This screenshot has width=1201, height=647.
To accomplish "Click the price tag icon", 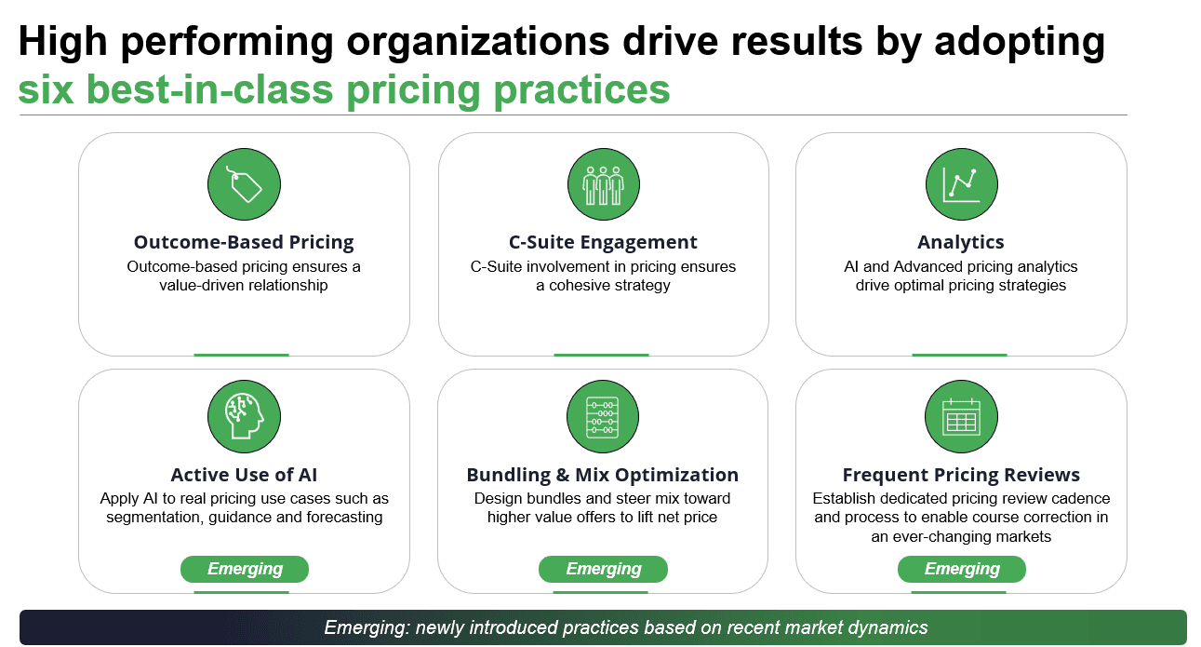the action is tap(244, 184).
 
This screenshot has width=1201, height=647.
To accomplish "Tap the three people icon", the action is tap(603, 184).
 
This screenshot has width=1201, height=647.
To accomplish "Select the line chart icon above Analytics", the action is tap(961, 184).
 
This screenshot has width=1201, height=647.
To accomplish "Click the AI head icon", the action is tap(244, 416).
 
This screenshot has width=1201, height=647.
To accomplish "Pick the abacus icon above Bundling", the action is tap(603, 416).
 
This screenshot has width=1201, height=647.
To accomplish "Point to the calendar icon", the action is tap(961, 416).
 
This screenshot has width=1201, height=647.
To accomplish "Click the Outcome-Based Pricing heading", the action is tap(244, 242).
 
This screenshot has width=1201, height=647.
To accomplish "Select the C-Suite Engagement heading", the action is tap(603, 242).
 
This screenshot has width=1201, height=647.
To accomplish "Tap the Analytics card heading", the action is tap(961, 242).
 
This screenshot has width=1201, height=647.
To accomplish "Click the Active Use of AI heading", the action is tap(244, 475).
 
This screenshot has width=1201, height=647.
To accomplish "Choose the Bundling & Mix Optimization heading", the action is tap(603, 475).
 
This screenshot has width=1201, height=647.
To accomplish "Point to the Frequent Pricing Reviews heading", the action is tap(961, 475).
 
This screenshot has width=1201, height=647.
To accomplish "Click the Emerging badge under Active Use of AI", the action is tap(245, 569).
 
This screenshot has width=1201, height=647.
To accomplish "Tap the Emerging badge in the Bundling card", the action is tap(603, 569).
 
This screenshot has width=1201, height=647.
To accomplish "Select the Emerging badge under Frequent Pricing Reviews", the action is tap(962, 569).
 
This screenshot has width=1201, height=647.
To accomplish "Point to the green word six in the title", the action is tap(46, 89).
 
